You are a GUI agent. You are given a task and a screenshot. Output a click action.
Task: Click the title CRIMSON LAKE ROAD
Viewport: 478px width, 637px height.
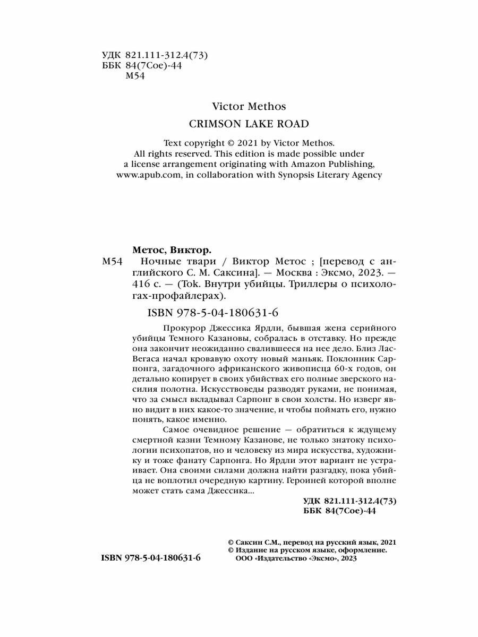click(x=249, y=124)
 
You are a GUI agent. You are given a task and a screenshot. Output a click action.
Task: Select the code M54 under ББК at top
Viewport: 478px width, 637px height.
click(x=135, y=76)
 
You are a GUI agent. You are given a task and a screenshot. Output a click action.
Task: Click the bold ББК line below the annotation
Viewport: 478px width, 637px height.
click(x=339, y=511)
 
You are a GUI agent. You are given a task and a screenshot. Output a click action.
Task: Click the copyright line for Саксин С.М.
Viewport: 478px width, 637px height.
click(x=312, y=542)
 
